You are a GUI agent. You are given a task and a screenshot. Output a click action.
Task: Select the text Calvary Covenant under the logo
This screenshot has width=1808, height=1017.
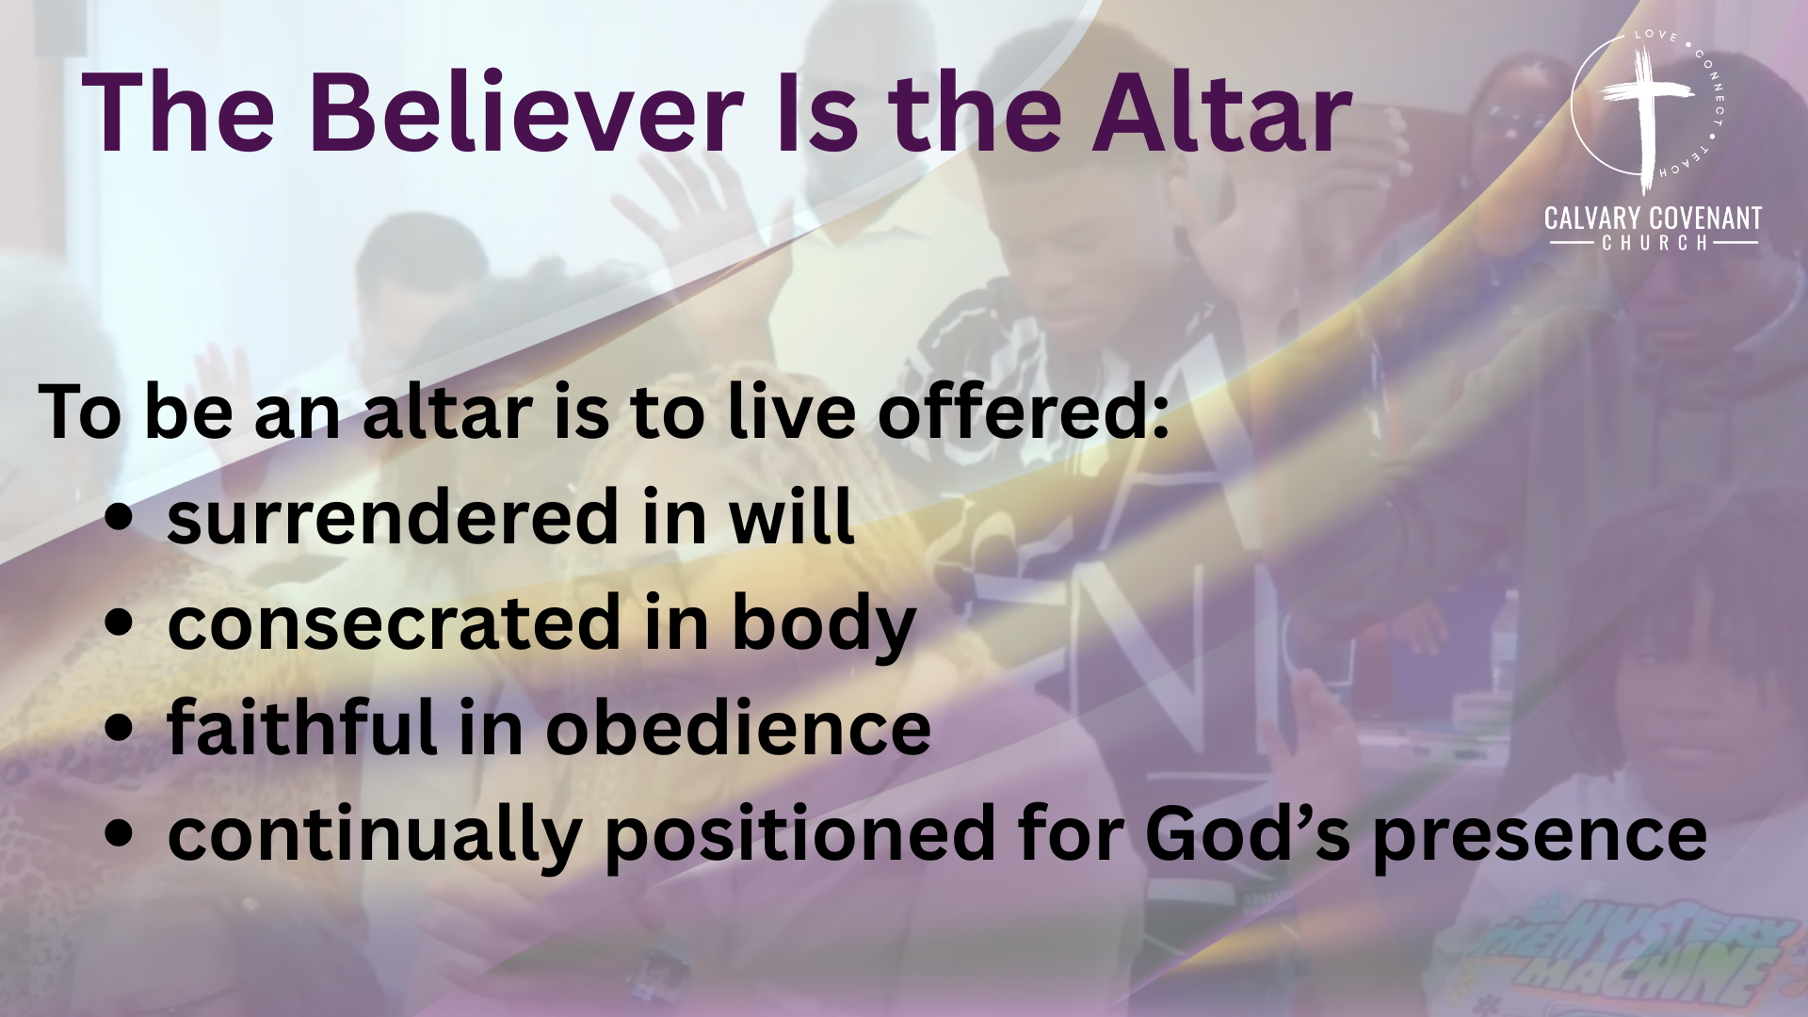click(1653, 219)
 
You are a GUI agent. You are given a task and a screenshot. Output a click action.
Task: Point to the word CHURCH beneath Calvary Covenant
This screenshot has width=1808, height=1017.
click(1653, 243)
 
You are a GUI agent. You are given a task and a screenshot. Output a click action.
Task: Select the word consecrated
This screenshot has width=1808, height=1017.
click(393, 623)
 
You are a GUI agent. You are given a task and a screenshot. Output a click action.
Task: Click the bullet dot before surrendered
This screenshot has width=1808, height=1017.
click(119, 520)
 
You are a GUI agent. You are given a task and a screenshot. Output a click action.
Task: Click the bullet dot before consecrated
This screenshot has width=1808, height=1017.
click(119, 625)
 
